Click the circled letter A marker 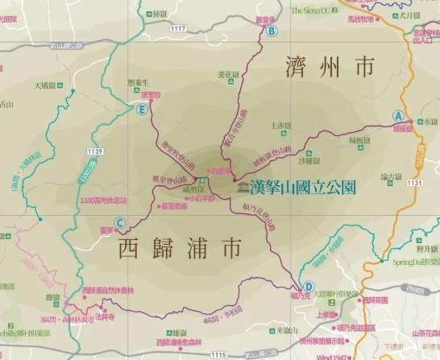(x=396, y=115)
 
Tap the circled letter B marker (x=272, y=31)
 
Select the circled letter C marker (x=119, y=224)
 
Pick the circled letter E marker (x=142, y=110)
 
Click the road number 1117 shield (x=178, y=28)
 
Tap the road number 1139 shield (x=95, y=151)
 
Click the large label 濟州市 (x=331, y=68)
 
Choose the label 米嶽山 (x=288, y=329)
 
